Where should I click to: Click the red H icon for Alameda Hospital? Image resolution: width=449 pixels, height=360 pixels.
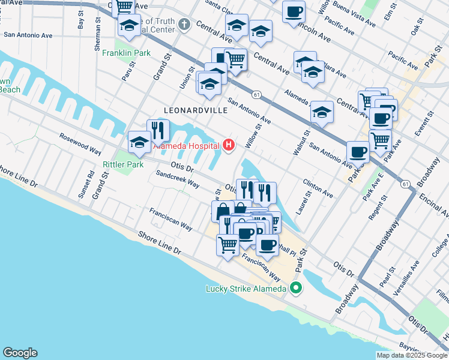[229, 145]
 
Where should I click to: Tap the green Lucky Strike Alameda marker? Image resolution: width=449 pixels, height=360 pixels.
[295, 289]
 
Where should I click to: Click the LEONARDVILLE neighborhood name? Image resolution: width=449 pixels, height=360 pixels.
[196, 110]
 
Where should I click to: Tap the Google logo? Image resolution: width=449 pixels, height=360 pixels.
[20, 353]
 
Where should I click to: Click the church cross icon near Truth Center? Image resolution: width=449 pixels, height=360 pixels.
[184, 25]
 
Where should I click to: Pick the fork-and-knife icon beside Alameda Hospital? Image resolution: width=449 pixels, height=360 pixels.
[158, 129]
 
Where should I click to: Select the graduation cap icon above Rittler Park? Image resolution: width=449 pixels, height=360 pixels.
[139, 142]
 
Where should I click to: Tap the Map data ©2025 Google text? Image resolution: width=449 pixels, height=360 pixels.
[412, 355]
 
